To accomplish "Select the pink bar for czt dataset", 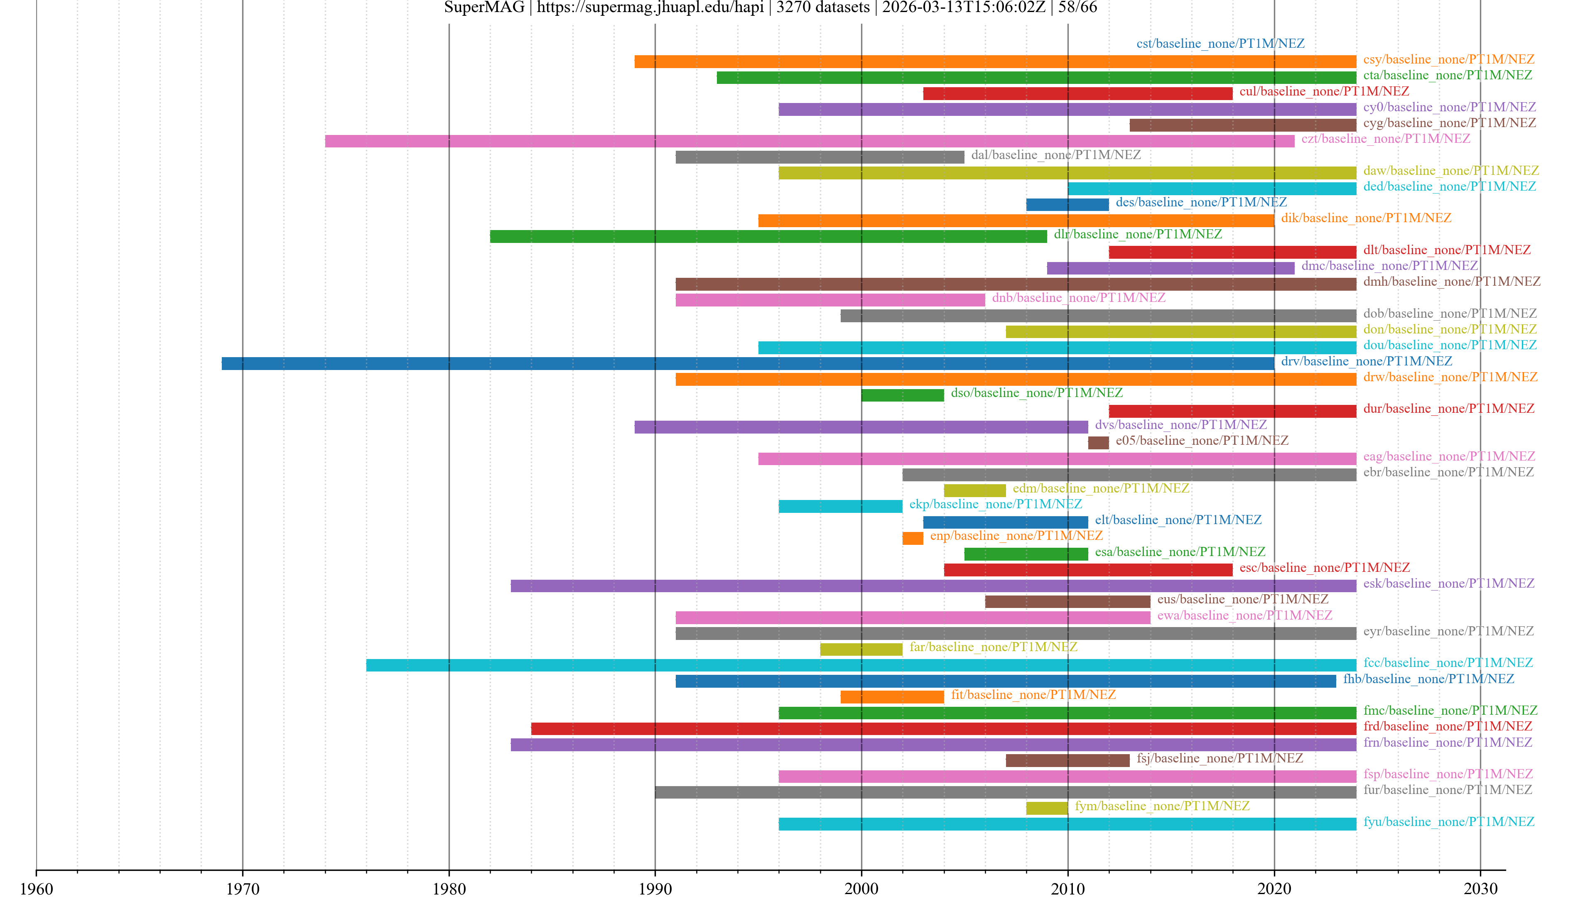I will [809, 141].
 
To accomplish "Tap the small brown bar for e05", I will [1098, 443].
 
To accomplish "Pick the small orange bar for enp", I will [912, 538].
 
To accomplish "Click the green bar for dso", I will [902, 395].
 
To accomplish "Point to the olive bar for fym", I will [1046, 808].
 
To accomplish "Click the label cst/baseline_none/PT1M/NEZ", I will [1220, 43].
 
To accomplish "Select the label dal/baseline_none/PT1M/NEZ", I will [1056, 155].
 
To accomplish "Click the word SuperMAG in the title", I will [483, 7].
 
